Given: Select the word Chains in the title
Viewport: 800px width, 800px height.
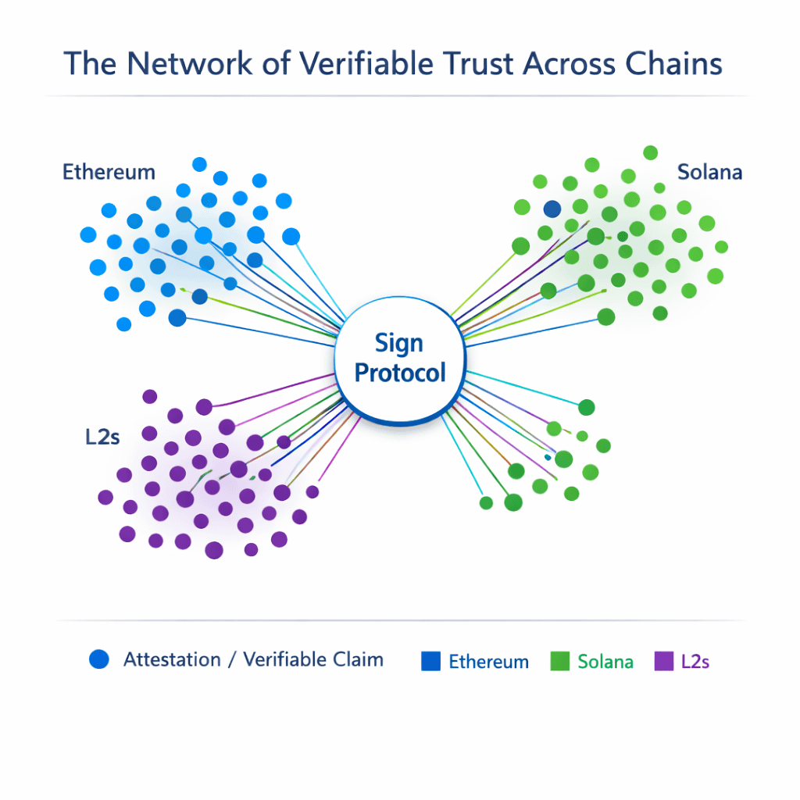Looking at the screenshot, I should (x=676, y=63).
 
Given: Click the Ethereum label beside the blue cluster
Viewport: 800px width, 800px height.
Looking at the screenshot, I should (x=109, y=172).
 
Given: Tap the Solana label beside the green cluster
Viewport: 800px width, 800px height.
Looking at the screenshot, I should (x=709, y=172).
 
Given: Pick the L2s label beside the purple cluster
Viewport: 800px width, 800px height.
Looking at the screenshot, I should (x=102, y=437).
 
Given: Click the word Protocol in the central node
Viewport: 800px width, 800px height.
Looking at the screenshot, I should (x=400, y=373).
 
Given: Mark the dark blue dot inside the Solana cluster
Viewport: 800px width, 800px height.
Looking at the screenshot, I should (x=552, y=209).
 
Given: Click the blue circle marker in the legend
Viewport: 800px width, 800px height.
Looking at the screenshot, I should (x=99, y=659).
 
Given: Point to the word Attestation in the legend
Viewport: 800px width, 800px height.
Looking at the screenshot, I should (x=172, y=659).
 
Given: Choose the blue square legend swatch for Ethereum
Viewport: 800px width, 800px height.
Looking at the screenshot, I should (x=431, y=661).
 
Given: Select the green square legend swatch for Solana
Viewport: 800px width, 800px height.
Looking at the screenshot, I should (x=560, y=661).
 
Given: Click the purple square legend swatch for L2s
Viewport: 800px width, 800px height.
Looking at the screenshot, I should (x=663, y=661).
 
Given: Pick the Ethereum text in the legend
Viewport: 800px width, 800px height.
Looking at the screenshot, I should (x=488, y=662).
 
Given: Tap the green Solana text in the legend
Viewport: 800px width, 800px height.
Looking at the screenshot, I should (x=605, y=662).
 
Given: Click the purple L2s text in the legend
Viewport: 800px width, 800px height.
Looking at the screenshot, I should (x=695, y=662).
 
